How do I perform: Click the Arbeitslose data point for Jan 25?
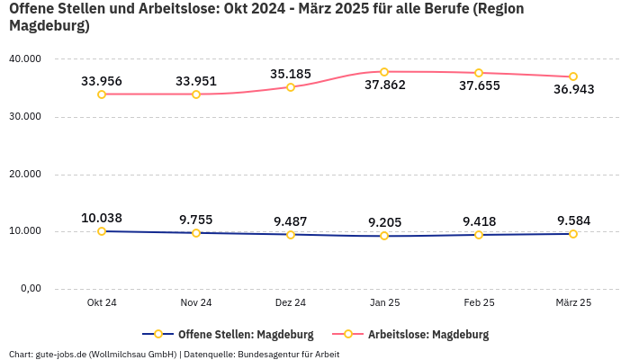coord(384,72)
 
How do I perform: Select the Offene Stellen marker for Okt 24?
coord(102,231)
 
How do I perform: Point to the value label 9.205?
coord(384,220)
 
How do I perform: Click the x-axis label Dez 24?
coord(290,302)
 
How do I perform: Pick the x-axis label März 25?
coord(573,302)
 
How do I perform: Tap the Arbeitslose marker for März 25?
coord(573,76)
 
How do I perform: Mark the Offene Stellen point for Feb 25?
coord(479,234)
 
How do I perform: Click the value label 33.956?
coord(102,81)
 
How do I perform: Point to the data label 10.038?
coord(102,218)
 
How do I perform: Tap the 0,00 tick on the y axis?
coord(30,289)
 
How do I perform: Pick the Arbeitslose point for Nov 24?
coord(196,94)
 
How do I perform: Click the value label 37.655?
coord(479,85)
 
